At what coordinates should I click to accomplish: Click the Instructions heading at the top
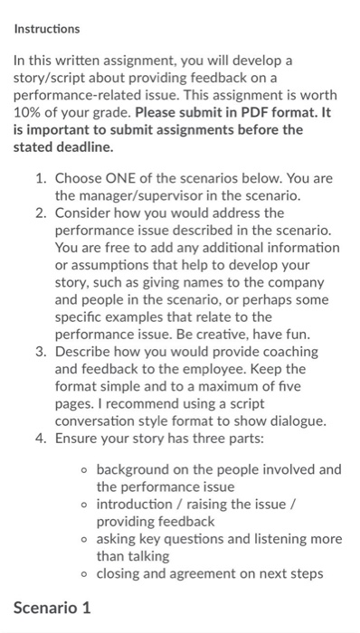47,29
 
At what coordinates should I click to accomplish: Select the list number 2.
40,213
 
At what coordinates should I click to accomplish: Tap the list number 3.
40,352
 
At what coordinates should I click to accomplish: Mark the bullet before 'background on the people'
81,470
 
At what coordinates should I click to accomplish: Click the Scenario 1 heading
52,608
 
